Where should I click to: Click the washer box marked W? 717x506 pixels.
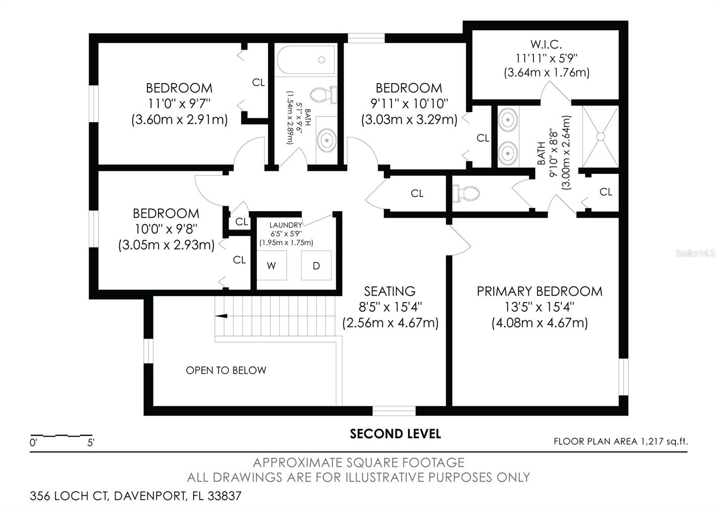(272, 266)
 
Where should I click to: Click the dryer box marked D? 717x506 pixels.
(316, 266)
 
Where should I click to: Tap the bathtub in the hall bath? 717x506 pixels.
(306, 60)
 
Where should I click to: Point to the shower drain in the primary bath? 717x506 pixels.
(600, 136)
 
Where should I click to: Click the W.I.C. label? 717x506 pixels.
(546, 44)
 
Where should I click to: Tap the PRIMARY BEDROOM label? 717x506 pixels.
(539, 292)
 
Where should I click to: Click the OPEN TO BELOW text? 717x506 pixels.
(226, 370)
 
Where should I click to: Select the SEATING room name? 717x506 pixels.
(389, 292)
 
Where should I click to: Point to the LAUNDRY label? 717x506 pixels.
(286, 225)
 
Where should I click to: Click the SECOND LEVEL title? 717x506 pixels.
(395, 434)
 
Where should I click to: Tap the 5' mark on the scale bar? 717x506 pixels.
(91, 443)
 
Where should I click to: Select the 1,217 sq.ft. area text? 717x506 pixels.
(664, 442)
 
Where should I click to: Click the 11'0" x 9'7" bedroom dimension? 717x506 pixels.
(179, 104)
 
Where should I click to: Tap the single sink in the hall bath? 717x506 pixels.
(327, 140)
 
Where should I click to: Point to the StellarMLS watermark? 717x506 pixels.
(695, 254)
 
